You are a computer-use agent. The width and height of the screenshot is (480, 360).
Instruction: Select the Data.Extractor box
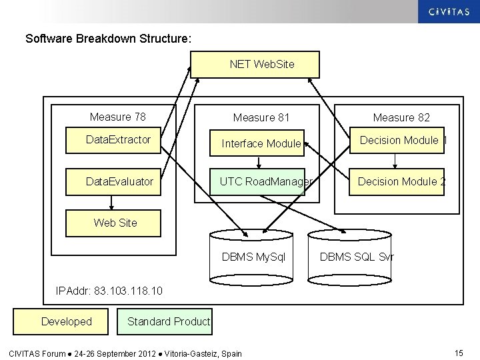point(113,141)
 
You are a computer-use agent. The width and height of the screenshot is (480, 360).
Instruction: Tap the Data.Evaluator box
point(113,181)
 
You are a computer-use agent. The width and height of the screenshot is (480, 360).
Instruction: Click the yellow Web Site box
point(113,223)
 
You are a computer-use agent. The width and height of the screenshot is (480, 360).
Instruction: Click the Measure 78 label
point(118,117)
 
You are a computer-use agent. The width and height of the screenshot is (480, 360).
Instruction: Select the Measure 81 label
point(261,118)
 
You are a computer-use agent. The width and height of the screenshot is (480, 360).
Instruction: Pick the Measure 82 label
point(401,118)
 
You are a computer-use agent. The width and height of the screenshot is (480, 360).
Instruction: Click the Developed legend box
point(67,322)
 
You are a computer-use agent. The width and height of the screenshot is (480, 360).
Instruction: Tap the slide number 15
point(458,352)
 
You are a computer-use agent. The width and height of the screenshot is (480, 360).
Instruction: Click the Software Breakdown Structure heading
point(108,39)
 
